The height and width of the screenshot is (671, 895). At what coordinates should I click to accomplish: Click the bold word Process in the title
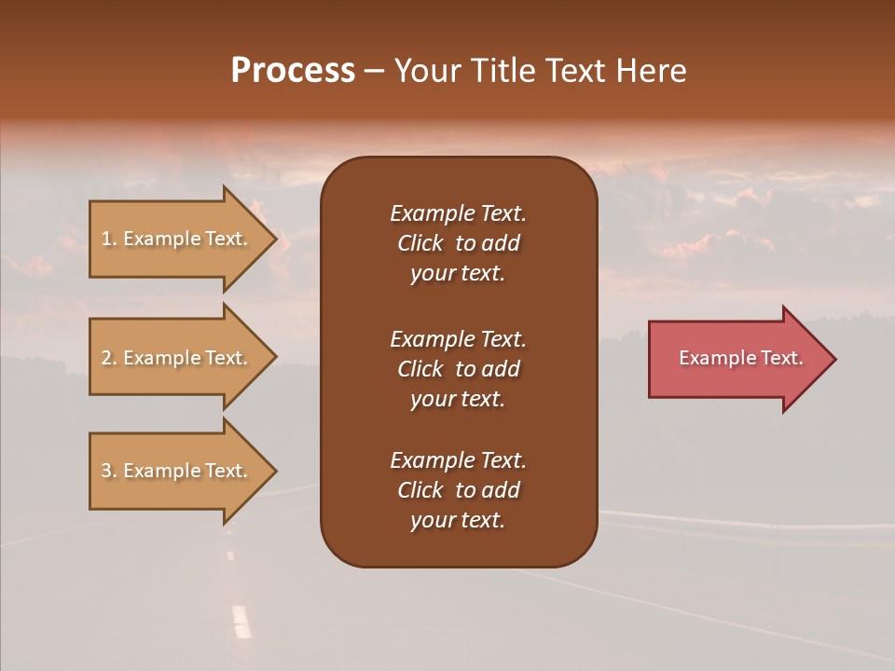(x=293, y=71)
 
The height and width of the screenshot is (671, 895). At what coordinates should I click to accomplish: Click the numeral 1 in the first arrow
(x=106, y=239)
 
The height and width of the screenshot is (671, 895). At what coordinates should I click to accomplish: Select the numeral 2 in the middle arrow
(x=106, y=358)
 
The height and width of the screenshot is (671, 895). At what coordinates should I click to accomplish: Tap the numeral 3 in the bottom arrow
(x=106, y=471)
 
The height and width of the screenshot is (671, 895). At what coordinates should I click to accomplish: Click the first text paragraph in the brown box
(x=458, y=243)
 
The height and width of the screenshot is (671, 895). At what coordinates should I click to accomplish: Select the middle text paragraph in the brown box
(x=458, y=369)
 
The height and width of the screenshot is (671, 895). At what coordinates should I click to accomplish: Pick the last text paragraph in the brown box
(x=458, y=490)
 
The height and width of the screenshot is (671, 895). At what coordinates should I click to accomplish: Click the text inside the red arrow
(x=740, y=358)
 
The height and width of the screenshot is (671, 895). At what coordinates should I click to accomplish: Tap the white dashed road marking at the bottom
(x=241, y=621)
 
